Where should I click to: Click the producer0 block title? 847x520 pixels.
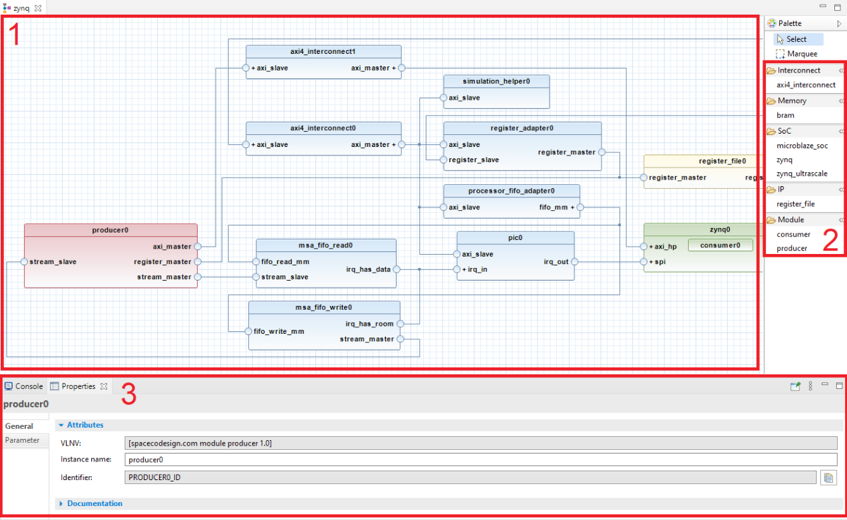pyautogui.click(x=110, y=230)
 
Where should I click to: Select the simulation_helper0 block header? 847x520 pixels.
pyautogui.click(x=496, y=81)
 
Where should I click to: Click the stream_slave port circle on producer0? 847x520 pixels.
pyautogui.click(x=24, y=262)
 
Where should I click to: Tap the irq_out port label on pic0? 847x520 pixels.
pyautogui.click(x=556, y=262)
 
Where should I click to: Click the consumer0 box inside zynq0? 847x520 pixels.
pyautogui.click(x=720, y=245)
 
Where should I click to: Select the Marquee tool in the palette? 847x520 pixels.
pyautogui.click(x=802, y=54)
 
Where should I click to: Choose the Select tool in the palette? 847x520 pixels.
pyautogui.click(x=796, y=39)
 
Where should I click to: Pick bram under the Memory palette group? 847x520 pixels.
pyautogui.click(x=785, y=115)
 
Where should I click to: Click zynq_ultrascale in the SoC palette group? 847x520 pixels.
pyautogui.click(x=802, y=174)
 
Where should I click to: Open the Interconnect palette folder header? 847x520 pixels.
pyautogui.click(x=798, y=70)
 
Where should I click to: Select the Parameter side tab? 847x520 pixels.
pyautogui.click(x=23, y=440)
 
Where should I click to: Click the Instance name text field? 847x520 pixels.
pyautogui.click(x=480, y=459)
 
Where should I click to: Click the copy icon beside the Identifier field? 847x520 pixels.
pyautogui.click(x=828, y=477)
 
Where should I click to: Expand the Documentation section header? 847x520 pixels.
pyautogui.click(x=94, y=503)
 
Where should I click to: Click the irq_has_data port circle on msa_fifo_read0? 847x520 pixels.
pyautogui.click(x=397, y=269)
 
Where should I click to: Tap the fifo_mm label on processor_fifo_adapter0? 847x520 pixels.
pyautogui.click(x=553, y=207)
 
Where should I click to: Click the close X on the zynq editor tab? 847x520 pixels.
pyautogui.click(x=38, y=8)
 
